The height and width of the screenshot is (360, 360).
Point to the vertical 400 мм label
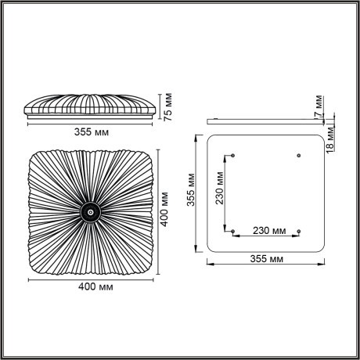(165, 209)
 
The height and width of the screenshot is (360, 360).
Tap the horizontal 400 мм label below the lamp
(93, 286)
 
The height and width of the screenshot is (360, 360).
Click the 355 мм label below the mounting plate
(267, 258)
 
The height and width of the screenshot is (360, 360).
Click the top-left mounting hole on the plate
(233, 156)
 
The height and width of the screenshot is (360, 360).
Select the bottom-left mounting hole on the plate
(233, 232)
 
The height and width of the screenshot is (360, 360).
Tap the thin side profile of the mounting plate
(266, 122)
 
